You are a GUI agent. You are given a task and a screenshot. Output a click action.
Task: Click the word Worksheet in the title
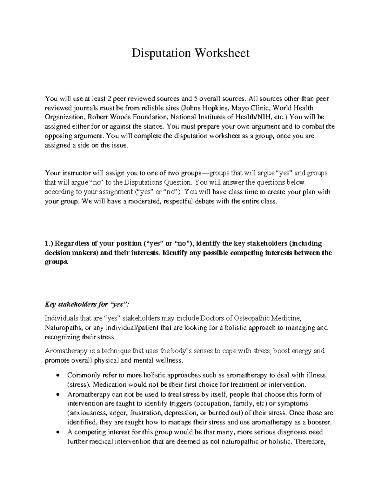[222, 53]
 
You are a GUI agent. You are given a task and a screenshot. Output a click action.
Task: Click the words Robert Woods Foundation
[117, 117]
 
